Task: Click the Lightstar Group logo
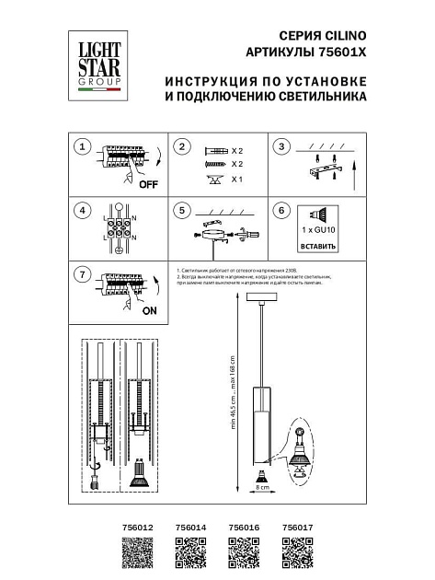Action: pyautogui.click(x=97, y=64)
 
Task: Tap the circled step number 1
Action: pyautogui.click(x=83, y=147)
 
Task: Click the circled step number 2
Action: pyautogui.click(x=182, y=147)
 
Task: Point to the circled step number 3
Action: pyautogui.click(x=283, y=147)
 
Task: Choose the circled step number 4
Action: pyautogui.click(x=83, y=211)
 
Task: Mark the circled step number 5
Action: pyautogui.click(x=182, y=211)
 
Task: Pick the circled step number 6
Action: pyautogui.click(x=283, y=211)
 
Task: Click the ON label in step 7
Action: pyautogui.click(x=150, y=311)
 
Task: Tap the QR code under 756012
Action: pyautogui.click(x=135, y=555)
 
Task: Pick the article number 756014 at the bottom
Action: pyautogui.click(x=189, y=528)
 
